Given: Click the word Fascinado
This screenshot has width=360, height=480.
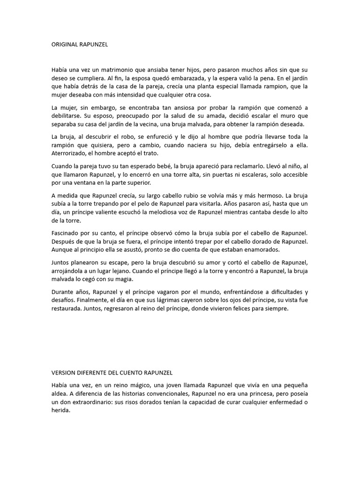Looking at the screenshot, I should point(66,233).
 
